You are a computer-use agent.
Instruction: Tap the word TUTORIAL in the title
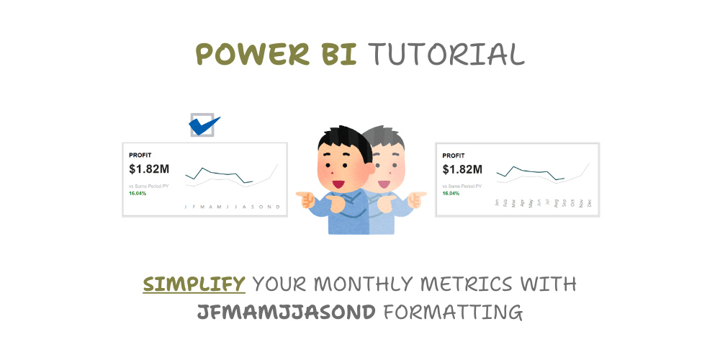pyautogui.click(x=446, y=54)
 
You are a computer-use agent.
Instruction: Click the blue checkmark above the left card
pyautogui.click(x=204, y=125)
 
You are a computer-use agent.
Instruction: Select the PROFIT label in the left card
pyautogui.click(x=140, y=155)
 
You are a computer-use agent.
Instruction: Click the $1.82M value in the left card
pyautogui.click(x=149, y=169)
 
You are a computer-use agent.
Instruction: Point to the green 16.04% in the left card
pyautogui.click(x=138, y=194)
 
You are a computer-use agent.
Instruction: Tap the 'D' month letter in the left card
pyautogui.click(x=278, y=207)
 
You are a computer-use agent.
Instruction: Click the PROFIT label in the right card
pyautogui.click(x=454, y=155)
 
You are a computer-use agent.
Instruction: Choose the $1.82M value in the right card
pyautogui.click(x=462, y=169)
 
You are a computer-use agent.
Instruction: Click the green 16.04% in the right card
pyautogui.click(x=451, y=194)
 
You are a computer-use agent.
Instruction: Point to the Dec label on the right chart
pyautogui.click(x=590, y=204)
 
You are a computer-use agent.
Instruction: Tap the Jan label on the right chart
pyautogui.click(x=497, y=204)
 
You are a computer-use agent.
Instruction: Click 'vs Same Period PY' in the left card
pyautogui.click(x=148, y=186)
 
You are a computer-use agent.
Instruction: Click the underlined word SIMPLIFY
pyautogui.click(x=194, y=284)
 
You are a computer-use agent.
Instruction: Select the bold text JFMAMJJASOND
pyautogui.click(x=287, y=312)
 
